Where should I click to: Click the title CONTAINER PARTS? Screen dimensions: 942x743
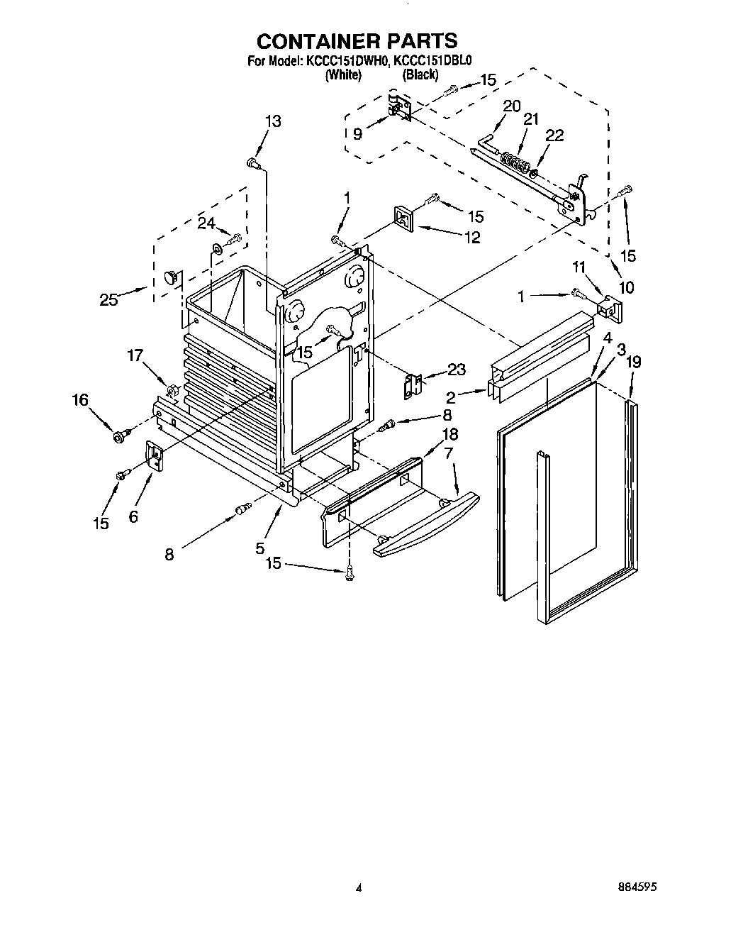tap(357, 40)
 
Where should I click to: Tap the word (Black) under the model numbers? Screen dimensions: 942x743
tap(420, 74)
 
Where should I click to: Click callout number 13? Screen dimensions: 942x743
tap(272, 121)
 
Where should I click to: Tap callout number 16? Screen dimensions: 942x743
tap(80, 401)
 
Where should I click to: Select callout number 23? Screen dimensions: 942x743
tap(456, 369)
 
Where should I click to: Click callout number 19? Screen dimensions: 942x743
tap(633, 362)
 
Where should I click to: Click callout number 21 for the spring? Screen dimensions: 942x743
tap(530, 121)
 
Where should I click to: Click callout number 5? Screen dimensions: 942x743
tap(260, 548)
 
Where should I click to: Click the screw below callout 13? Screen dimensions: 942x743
tap(253, 164)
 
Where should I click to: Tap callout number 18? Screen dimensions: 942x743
tap(449, 434)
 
